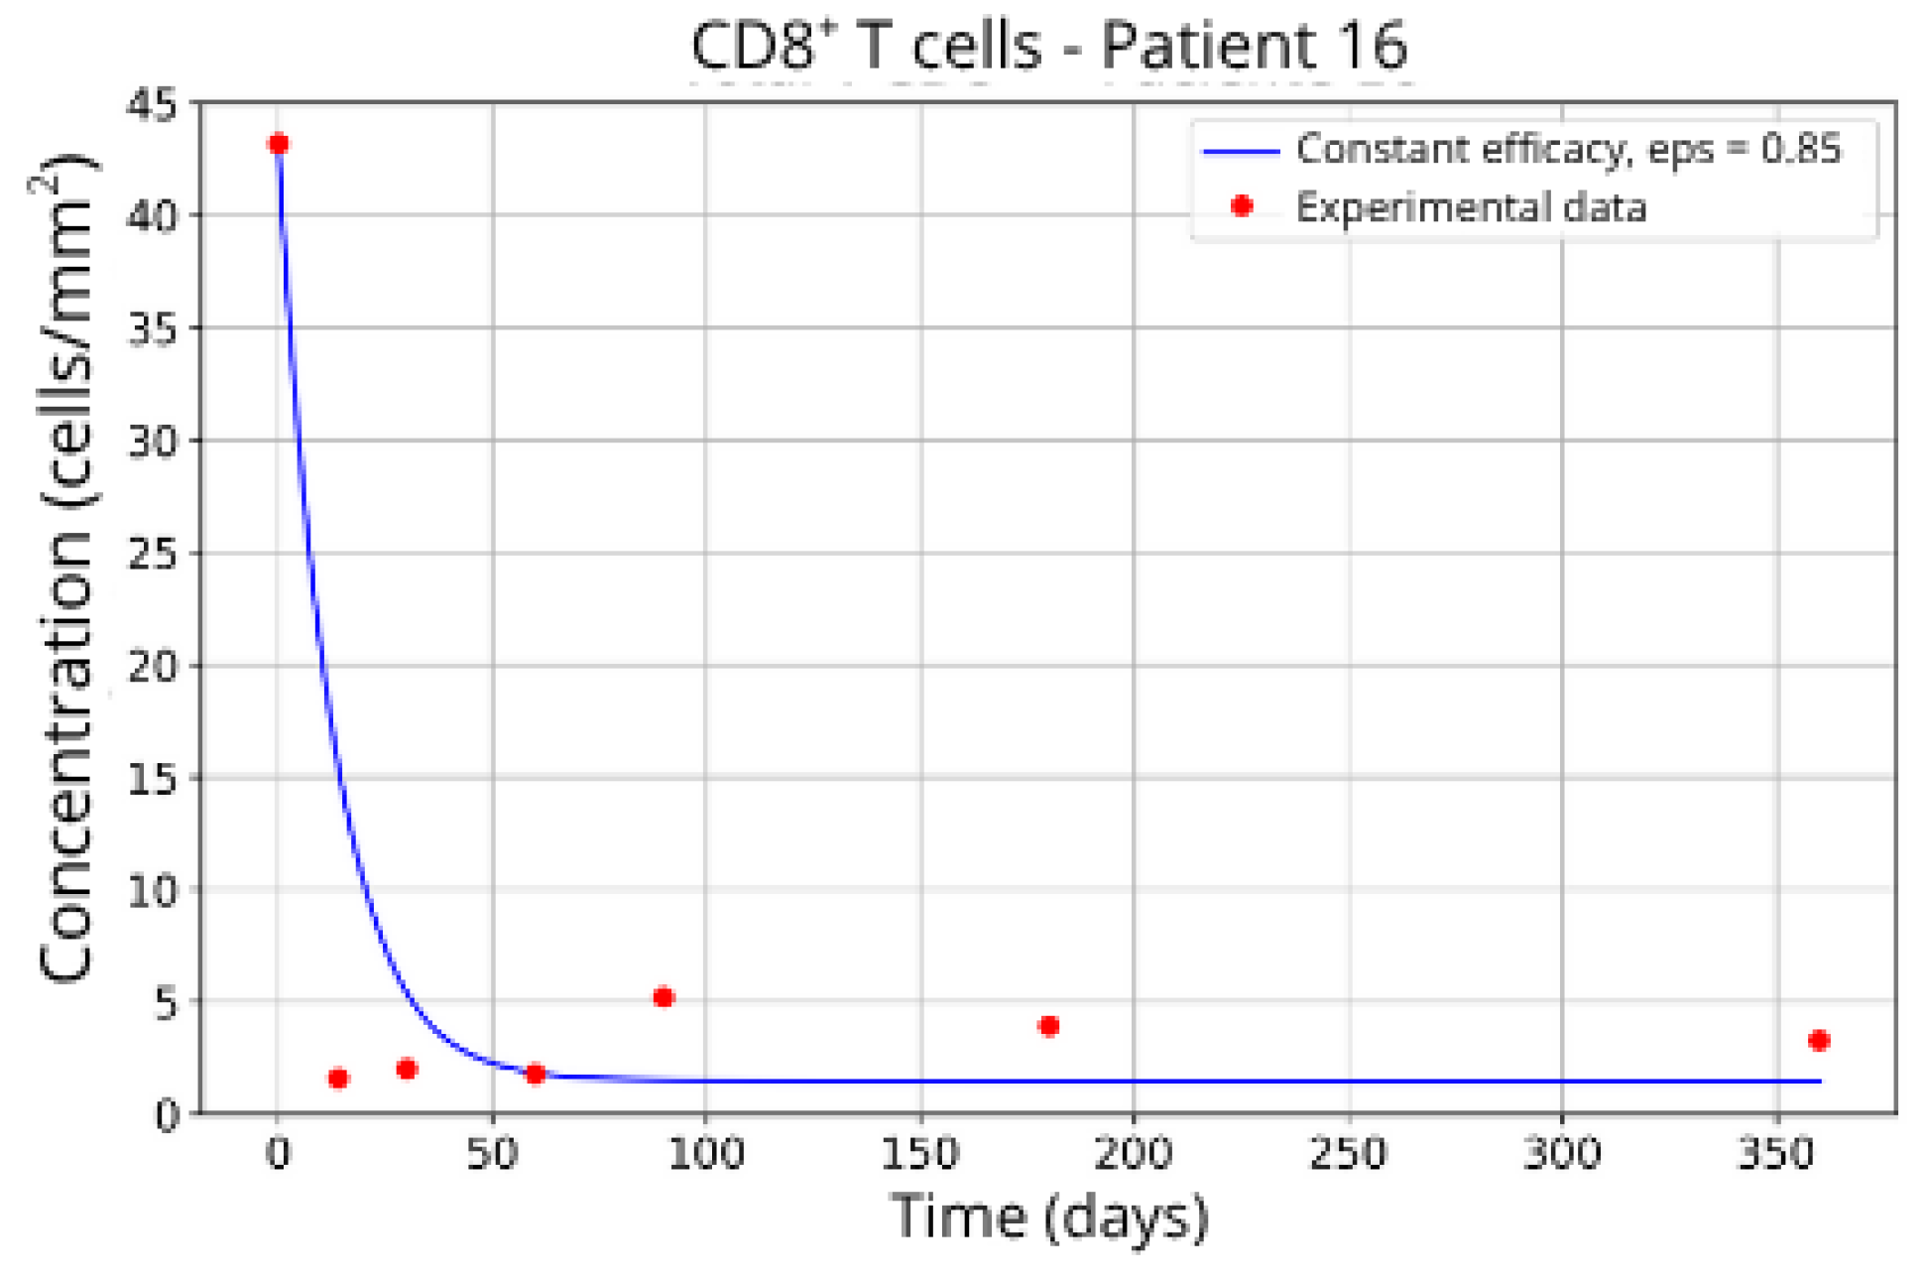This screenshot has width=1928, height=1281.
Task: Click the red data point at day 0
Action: click(279, 144)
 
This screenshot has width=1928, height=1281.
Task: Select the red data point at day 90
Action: click(663, 997)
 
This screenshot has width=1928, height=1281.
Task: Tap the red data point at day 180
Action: click(1048, 1026)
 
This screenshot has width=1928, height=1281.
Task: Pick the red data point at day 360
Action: click(1818, 1040)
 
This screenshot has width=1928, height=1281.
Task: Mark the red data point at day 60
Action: click(536, 1074)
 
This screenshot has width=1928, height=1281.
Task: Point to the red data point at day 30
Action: click(407, 1069)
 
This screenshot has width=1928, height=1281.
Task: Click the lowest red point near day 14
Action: click(338, 1079)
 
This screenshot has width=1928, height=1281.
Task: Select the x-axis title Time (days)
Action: click(1048, 1217)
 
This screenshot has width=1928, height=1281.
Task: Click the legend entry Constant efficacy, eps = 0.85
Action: click(1567, 150)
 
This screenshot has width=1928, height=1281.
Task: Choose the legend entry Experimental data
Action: click(1470, 207)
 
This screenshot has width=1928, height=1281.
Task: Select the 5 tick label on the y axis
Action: click(165, 1003)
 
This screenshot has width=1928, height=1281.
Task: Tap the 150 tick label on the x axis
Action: click(920, 1154)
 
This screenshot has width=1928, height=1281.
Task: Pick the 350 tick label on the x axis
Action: click(1776, 1154)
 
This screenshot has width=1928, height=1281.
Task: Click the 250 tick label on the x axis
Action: click(1348, 1154)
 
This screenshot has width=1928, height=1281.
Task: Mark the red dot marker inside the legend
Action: click(1242, 206)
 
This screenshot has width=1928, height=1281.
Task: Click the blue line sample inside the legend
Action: click(1242, 151)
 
